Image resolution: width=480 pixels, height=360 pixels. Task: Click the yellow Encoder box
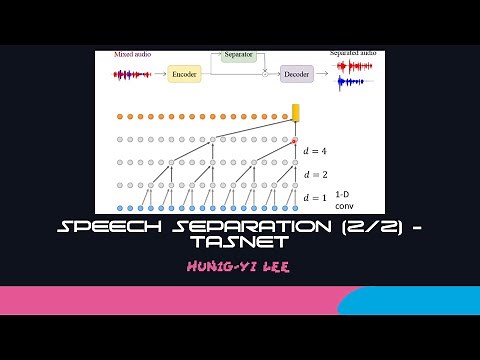[184, 74]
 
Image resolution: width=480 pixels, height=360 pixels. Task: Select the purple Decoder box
[297, 73]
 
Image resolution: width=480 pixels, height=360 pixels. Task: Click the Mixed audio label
[131, 55]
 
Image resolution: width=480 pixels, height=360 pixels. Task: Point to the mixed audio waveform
[132, 74]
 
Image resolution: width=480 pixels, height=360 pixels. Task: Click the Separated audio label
[355, 53]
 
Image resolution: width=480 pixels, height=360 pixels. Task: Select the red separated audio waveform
[355, 67]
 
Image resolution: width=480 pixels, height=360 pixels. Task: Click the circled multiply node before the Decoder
[265, 74]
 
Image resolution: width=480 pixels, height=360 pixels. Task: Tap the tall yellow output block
[295, 113]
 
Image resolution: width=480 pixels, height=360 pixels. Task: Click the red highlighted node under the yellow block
[295, 140]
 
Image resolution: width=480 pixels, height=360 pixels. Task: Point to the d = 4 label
[315, 152]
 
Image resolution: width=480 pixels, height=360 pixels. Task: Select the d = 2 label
[315, 173]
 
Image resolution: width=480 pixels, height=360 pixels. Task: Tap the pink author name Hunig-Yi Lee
[239, 267]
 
